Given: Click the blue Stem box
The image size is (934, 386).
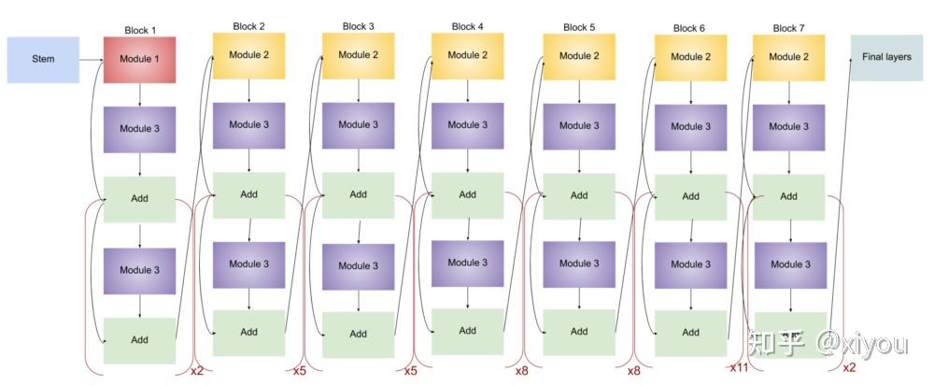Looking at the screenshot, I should pos(43,60).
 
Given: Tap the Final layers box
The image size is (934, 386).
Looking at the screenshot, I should pos(885,57).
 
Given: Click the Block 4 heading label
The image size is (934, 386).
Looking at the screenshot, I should pos(468,26).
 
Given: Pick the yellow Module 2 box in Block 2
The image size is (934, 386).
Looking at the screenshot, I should pos(248,55).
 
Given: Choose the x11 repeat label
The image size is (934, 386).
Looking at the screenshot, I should pos(739,367).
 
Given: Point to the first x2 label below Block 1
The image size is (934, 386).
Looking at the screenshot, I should pos(196,370).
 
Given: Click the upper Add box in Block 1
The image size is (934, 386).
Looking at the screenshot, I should pos(139,198).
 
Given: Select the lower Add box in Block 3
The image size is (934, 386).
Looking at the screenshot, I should pos(358,334).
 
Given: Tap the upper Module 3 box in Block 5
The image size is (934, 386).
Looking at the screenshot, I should pos(579,126).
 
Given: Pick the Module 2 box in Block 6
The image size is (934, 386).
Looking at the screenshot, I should pos(690,57).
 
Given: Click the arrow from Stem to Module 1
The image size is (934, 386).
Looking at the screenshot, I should pos(92,60).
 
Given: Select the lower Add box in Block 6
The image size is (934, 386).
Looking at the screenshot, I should pos(690,332).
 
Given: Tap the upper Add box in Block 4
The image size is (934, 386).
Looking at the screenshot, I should pos(468,195).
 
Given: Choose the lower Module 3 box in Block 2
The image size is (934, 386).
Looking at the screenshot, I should pos(248,264).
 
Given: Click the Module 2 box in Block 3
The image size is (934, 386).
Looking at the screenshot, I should pos(358,55).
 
